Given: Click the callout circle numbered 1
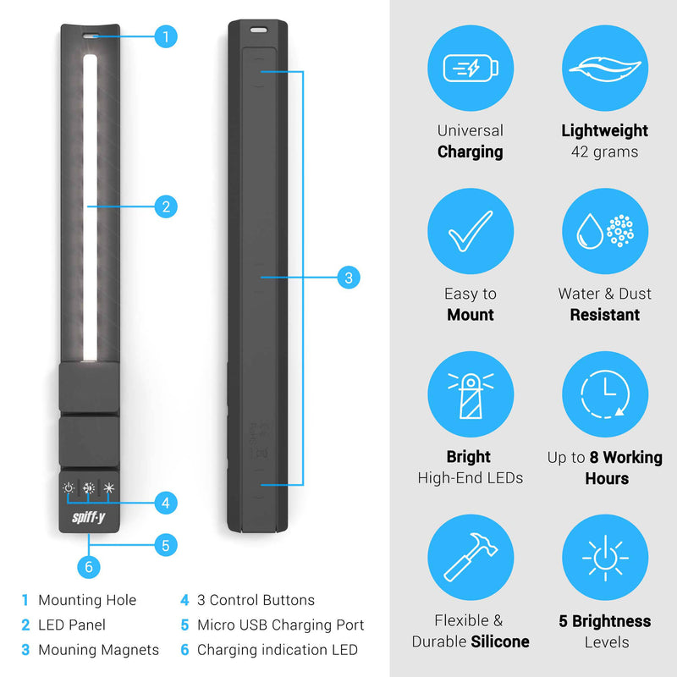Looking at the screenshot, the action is click(166, 36).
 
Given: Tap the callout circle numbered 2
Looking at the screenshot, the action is click(166, 206).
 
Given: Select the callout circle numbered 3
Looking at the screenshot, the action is click(349, 278).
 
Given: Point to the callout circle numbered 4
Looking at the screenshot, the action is click(166, 503).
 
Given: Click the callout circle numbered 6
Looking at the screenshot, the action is click(89, 567).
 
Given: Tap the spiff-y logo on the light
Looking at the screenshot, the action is click(89, 517).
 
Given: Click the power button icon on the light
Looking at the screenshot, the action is click(69, 488).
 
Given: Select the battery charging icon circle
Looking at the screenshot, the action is click(471, 69).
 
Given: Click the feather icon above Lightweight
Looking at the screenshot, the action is click(605, 69).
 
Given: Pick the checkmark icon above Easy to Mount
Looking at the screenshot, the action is click(471, 231).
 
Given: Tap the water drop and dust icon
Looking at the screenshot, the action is click(605, 231).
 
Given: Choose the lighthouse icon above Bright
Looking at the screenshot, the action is click(471, 394).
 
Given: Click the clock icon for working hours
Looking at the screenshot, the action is click(605, 394).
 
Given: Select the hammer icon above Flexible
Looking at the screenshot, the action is click(471, 557).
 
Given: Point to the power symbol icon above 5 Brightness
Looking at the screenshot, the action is click(605, 557).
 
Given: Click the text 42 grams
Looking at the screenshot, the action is click(604, 152).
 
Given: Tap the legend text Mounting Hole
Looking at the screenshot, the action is click(87, 600).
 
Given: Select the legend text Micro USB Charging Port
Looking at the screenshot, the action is click(281, 625).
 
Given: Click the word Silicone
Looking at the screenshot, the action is click(500, 641).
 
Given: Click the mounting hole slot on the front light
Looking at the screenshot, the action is click(91, 36).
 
